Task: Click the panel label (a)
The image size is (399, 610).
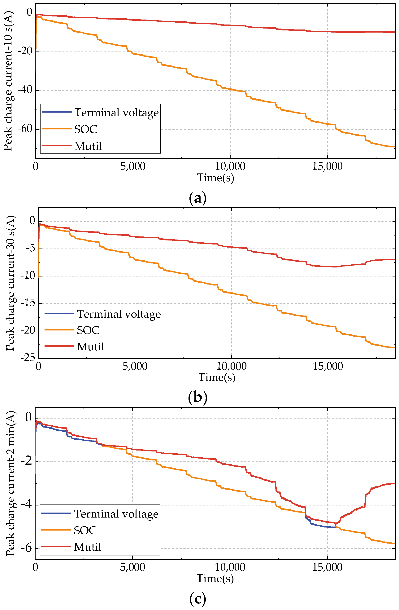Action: point(197,199)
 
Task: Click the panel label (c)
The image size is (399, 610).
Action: point(197,599)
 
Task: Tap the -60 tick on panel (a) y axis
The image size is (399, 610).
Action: point(25,129)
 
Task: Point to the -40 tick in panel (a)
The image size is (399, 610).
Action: point(25,90)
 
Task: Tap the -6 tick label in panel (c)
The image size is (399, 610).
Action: point(26,549)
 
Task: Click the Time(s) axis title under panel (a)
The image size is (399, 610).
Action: point(215,178)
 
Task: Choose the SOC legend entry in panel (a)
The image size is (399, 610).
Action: point(85,129)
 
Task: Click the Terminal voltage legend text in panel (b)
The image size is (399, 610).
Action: point(119,314)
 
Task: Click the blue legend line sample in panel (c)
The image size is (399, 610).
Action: point(56,513)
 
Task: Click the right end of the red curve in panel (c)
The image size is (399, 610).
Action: point(394,484)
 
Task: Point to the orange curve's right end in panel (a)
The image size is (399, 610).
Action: point(394,147)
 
